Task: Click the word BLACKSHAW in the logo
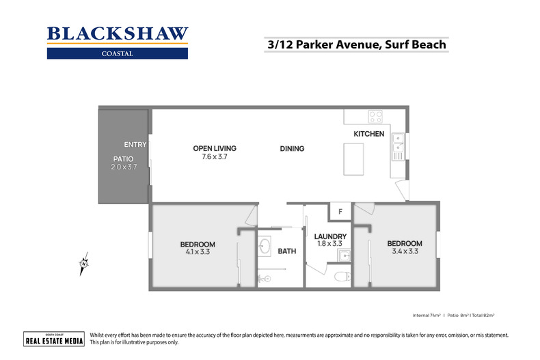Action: [x=117, y=33]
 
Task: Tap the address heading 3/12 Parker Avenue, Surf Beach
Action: [x=356, y=45]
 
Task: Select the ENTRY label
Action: [x=135, y=144]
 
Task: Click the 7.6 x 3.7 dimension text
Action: [x=214, y=156]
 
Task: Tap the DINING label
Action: [x=292, y=148]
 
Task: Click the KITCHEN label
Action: [x=368, y=134]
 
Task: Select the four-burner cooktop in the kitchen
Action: [x=375, y=115]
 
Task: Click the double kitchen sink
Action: [x=398, y=146]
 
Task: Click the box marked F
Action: [x=340, y=212]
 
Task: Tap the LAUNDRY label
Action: [x=330, y=236]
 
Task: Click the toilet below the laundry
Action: [x=342, y=277]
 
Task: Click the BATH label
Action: [x=286, y=251]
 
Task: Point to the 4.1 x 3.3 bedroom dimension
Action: [x=198, y=251]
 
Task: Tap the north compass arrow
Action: [x=83, y=263]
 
